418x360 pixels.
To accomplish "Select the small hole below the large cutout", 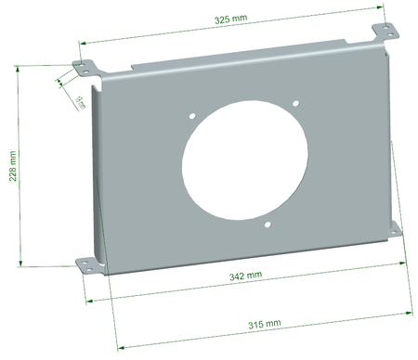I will click(267, 225).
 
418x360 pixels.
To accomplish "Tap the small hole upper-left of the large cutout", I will click(193, 118).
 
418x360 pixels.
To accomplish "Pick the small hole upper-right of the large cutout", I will click(294, 103).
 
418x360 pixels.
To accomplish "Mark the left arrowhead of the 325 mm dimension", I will click(82, 42).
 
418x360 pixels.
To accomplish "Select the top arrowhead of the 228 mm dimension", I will click(20, 68).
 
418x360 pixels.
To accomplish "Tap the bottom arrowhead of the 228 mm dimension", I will click(20, 265).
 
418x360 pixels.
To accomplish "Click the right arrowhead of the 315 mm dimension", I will click(409, 312).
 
